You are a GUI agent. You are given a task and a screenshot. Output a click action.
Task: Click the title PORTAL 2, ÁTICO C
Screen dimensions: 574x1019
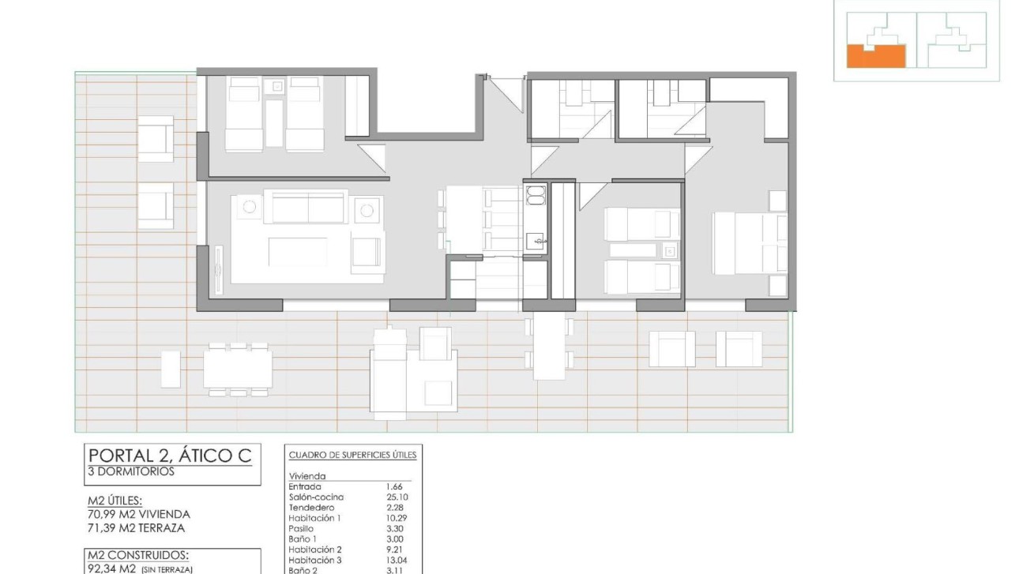[x=170, y=456]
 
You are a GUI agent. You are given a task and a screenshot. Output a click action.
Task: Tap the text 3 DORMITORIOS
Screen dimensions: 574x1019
[x=131, y=471]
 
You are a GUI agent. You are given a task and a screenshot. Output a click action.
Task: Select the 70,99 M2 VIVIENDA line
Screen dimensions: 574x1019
[x=139, y=514]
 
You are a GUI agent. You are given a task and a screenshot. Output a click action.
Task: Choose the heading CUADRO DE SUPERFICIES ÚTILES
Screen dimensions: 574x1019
[x=352, y=455]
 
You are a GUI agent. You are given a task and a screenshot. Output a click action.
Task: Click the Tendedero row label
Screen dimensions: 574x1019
[x=311, y=507]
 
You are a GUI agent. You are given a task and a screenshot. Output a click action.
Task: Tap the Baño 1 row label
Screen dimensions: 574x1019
[x=302, y=538]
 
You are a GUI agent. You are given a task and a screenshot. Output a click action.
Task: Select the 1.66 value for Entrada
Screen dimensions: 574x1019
[x=392, y=486]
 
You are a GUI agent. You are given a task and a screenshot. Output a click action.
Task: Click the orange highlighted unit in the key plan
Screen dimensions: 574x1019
[x=874, y=56]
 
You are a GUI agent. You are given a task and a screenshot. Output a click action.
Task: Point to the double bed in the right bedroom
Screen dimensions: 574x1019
[x=750, y=242]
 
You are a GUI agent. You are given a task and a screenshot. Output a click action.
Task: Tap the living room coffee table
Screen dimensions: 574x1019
[x=298, y=252]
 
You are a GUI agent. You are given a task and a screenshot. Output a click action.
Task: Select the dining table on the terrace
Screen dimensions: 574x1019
[x=238, y=369]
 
